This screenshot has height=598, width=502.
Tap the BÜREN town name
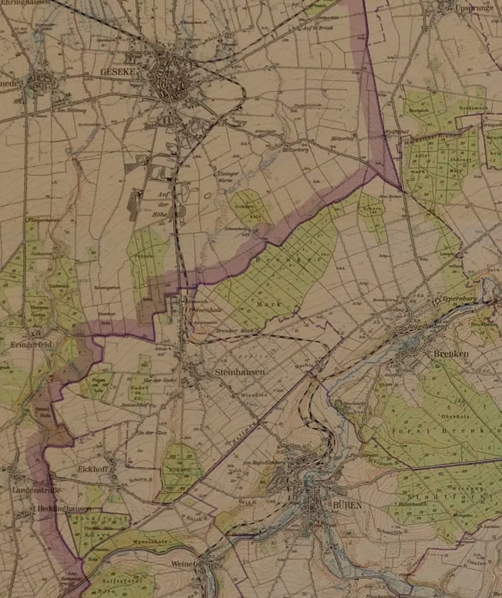[x=347, y=505]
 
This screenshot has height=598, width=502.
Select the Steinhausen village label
[x=240, y=372]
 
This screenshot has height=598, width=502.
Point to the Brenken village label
[x=451, y=354]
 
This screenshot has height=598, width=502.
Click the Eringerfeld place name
[x=31, y=344]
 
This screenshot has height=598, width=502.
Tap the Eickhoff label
[x=93, y=469]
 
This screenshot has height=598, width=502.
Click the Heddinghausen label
[x=64, y=509]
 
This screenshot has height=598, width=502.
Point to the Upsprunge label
[x=474, y=8]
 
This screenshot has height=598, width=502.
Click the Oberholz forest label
[x=455, y=417]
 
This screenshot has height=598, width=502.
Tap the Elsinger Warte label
[x=227, y=176]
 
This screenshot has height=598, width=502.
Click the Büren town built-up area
[x=309, y=502]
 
